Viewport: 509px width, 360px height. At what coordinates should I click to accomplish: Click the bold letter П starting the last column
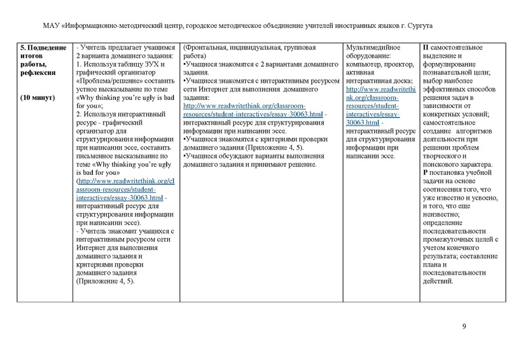pyautogui.click(x=426, y=48)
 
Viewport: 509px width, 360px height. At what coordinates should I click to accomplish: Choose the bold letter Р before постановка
pyautogui.click(x=425, y=172)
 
